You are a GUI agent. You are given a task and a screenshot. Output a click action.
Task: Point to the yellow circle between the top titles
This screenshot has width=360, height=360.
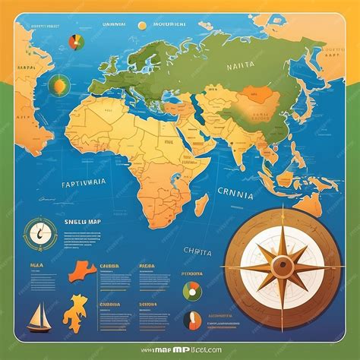142,25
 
